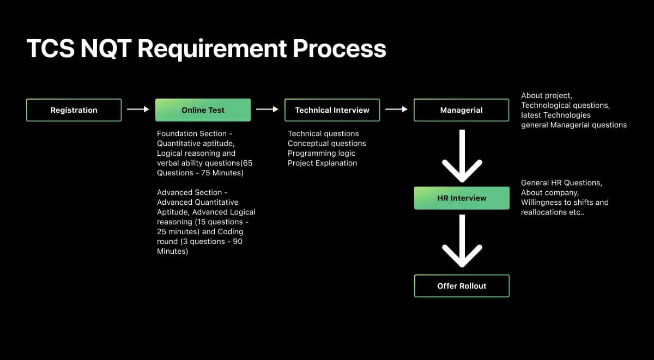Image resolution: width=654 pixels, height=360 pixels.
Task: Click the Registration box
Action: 74,110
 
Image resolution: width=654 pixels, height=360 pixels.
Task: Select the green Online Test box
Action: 203,110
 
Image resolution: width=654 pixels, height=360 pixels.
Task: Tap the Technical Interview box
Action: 332,110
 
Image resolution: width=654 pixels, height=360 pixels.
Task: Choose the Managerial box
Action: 461,110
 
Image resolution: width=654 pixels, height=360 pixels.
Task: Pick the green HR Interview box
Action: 462,198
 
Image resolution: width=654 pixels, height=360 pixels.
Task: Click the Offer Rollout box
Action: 462,286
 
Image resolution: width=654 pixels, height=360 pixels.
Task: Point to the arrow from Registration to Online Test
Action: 138,109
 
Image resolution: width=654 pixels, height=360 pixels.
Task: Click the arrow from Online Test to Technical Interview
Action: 267,109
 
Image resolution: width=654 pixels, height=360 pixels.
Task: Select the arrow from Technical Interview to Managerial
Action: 397,109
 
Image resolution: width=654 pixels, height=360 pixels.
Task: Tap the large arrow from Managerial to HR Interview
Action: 462,156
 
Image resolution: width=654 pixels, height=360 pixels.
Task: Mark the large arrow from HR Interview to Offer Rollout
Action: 462,241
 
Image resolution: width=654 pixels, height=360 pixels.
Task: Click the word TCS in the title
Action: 51,48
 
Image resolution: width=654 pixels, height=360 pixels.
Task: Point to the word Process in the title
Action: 340,48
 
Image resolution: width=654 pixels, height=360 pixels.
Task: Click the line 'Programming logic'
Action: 322,153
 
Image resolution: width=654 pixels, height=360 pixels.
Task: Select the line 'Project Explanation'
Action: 322,163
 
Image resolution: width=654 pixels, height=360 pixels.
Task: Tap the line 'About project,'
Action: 547,95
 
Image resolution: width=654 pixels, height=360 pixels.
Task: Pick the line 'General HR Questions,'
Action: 561,182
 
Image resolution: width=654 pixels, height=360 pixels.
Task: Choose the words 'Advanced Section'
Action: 190,192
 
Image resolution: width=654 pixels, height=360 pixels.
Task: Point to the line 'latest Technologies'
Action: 556,115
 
